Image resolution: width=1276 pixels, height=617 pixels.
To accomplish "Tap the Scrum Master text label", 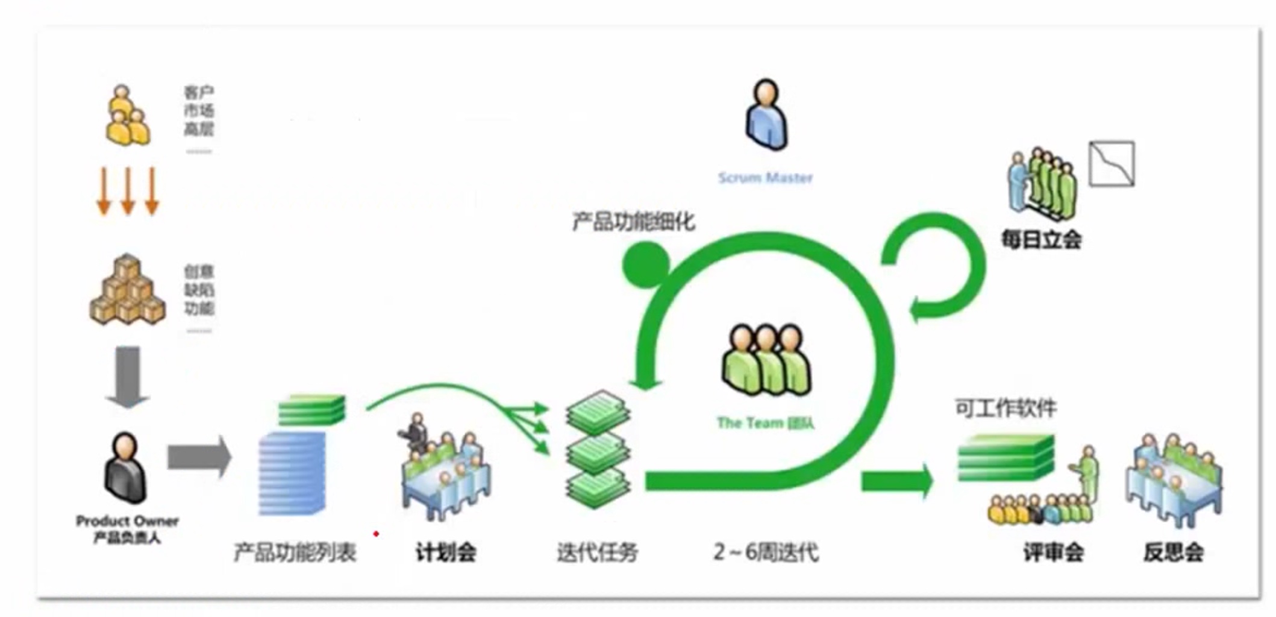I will pos(765,178).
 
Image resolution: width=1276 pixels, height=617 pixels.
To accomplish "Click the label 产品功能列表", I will pos(295,552).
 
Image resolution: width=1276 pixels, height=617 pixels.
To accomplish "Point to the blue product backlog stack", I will pos(292,474).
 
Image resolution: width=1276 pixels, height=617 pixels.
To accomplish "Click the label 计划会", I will pos(446,552).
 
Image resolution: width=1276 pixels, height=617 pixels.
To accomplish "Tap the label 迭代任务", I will pos(597,552).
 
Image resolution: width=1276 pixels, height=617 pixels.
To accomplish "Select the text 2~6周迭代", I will pos(766,552).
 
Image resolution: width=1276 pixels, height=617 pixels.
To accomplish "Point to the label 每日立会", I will pos(1041,240).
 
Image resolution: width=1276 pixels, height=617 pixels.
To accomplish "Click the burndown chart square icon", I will pos(1112,163).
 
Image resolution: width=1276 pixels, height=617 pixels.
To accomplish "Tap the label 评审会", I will pos(1053,552).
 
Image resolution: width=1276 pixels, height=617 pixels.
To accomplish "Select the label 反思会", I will pos(1174,552).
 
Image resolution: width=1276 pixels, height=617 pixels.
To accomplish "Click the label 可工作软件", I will pos(1005,409).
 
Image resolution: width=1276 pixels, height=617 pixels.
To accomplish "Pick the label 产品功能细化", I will pos(633,222).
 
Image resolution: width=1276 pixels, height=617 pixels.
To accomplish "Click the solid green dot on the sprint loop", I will pos(645,264).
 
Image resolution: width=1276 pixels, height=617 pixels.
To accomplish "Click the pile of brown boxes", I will pos(127,290).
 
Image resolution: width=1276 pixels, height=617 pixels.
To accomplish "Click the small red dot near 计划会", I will pos(376,534).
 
